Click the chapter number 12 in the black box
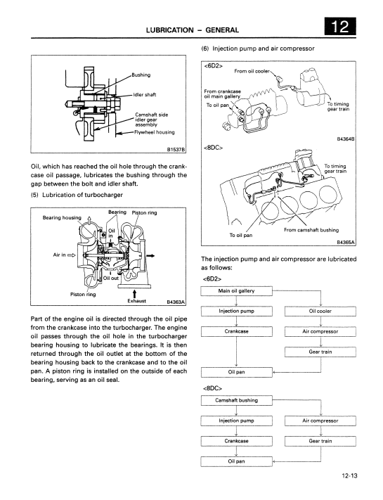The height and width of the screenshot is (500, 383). tap(340, 26)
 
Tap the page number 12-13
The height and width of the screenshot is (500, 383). tap(349, 476)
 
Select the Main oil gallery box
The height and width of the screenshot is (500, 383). tap(236, 291)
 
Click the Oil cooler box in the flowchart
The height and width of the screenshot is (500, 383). tap(320, 312)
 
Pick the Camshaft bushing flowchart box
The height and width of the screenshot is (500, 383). tap(236, 401)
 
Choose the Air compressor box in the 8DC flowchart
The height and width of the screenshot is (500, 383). tap(320, 421)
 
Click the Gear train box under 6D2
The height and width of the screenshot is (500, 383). tap(320, 352)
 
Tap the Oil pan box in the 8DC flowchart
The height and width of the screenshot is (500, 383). tap(236, 461)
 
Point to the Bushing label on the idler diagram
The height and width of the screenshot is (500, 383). tap(141, 75)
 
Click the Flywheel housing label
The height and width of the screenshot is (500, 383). tap(155, 132)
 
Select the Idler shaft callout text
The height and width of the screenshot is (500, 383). tap(145, 95)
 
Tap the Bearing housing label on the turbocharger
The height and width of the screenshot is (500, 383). tap(62, 218)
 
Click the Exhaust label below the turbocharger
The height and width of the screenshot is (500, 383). tap(137, 301)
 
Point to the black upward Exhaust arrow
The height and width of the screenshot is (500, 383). tap(134, 293)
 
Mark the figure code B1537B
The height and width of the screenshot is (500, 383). tap(176, 149)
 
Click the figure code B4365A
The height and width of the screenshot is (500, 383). tap(346, 243)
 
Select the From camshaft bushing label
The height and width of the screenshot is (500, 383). tap(311, 230)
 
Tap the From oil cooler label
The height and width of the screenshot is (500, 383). tap(252, 71)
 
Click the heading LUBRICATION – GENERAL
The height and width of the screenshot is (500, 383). tap(193, 30)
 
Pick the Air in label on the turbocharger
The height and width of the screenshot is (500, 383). tap(59, 255)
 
